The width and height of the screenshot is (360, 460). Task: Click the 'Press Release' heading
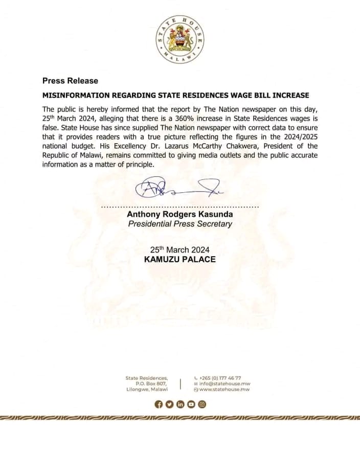70,81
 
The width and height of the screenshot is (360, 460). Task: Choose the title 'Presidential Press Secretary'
179,224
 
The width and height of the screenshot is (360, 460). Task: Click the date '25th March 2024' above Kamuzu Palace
179,249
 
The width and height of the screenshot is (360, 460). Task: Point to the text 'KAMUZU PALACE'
179,259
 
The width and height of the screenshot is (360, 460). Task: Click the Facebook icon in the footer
159,404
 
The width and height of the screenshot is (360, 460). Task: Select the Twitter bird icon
169,404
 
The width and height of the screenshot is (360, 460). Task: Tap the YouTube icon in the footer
191,404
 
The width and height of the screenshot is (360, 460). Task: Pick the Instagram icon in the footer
202,404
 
